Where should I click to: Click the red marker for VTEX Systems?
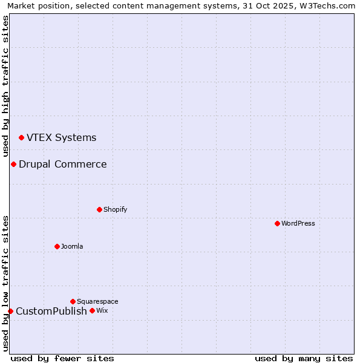tap(21, 138)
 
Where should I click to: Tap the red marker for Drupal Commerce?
tap(13, 165)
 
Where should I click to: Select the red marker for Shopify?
tap(99, 210)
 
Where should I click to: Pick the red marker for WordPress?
tap(277, 224)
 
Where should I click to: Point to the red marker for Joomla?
tap(57, 247)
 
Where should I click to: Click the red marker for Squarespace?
tap(73, 301)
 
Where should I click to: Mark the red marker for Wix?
tap(92, 311)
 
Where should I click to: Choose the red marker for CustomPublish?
tap(10, 312)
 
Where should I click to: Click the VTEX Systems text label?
tap(61, 138)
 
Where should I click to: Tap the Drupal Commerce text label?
tap(62, 165)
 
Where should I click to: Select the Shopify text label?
tap(115, 210)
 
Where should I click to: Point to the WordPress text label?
tap(298, 224)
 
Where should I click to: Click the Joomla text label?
tap(72, 247)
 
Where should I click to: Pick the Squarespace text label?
tap(97, 301)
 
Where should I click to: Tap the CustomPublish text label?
tap(51, 312)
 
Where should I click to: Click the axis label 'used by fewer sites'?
tap(62, 358)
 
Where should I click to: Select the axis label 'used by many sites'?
tap(304, 358)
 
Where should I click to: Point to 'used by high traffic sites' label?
tap(5, 86)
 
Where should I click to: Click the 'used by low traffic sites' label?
tap(5, 283)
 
